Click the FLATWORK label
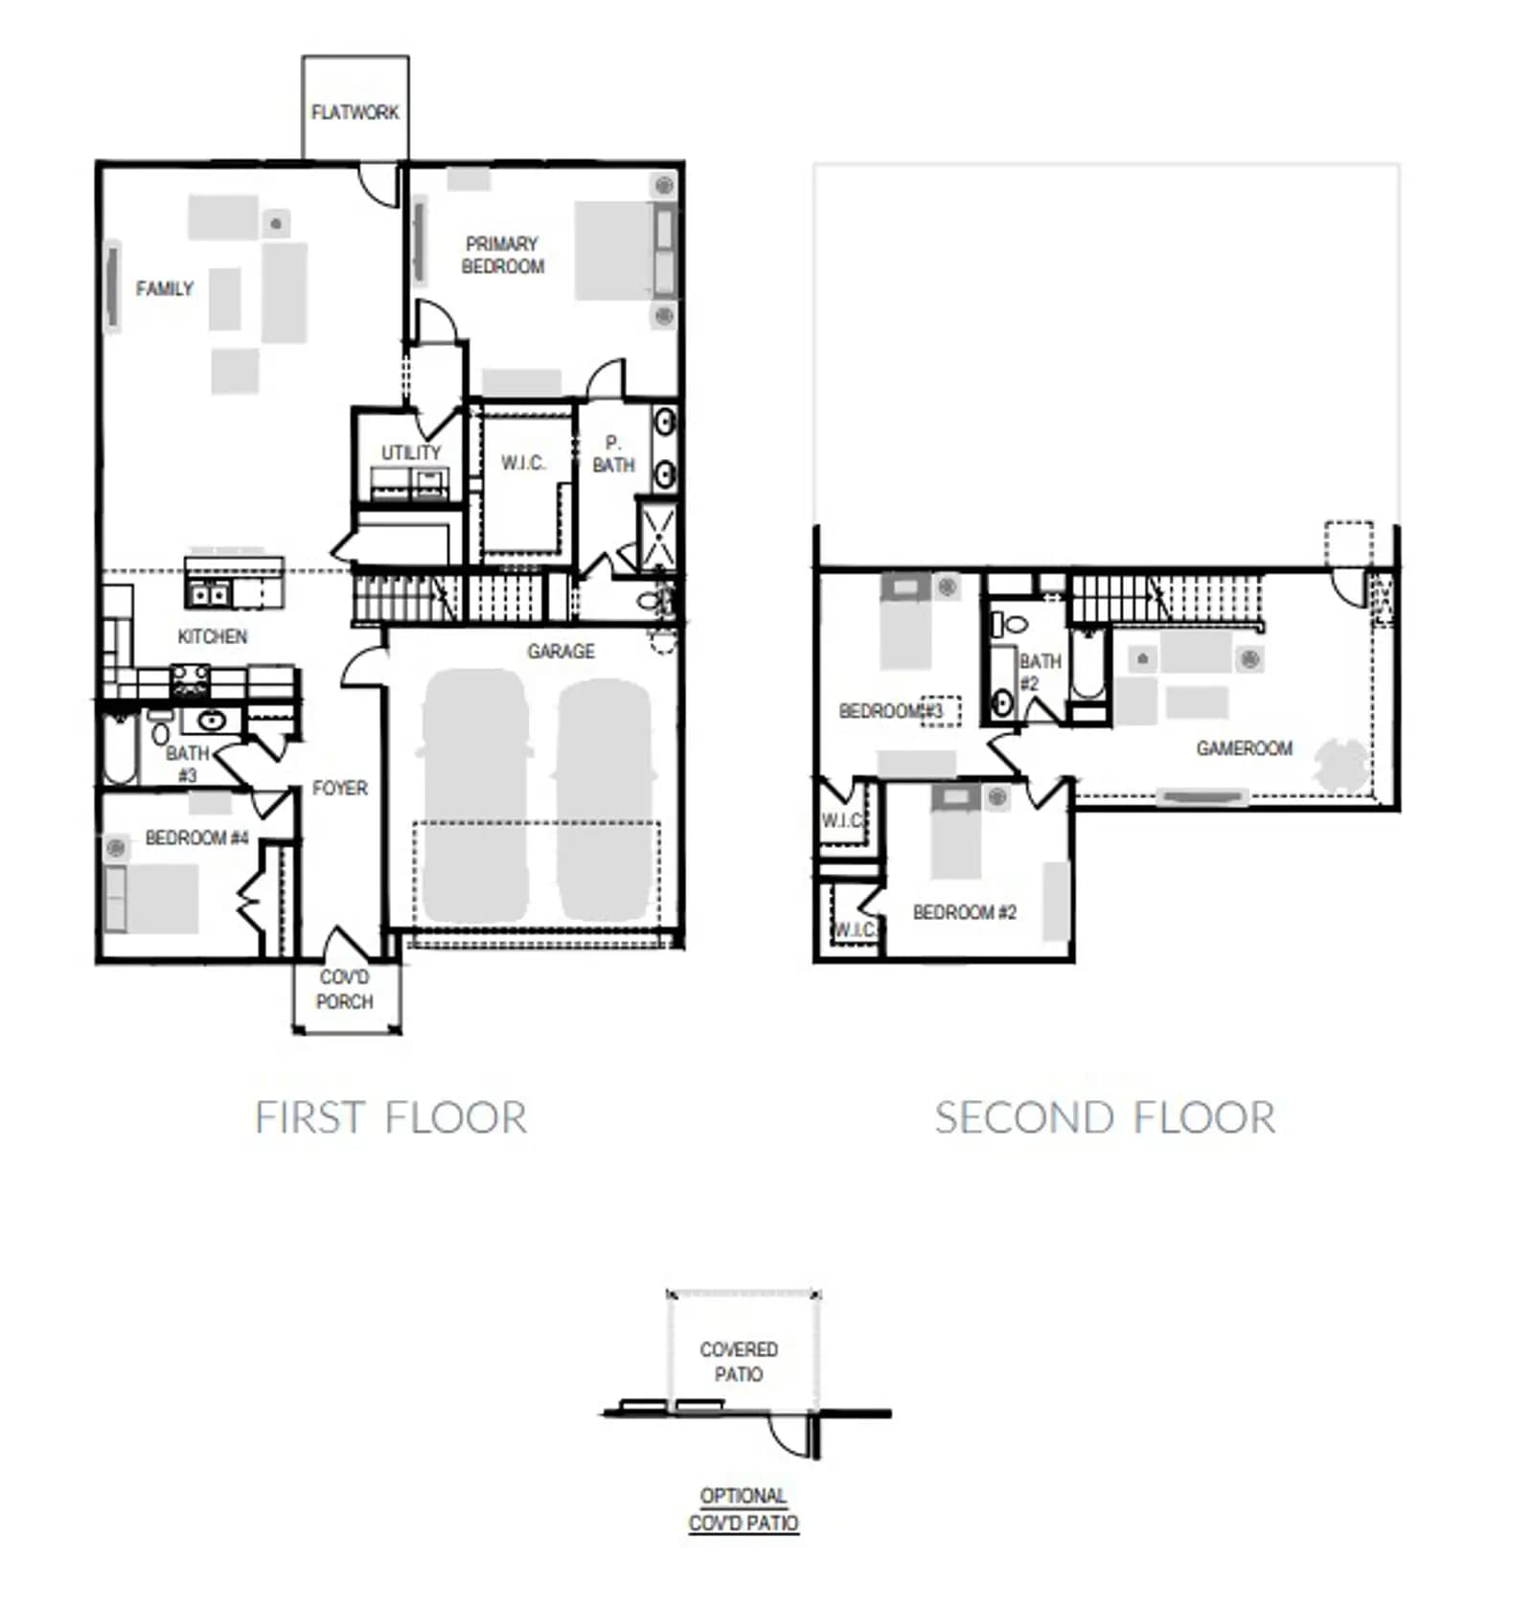355,112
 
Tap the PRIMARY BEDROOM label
502,255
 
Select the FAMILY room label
165,288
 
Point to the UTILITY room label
411,452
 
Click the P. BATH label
613,454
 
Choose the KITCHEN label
213,636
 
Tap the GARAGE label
561,652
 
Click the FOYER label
340,788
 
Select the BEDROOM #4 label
196,837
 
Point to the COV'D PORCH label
345,989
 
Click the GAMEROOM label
1244,748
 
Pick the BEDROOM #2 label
964,912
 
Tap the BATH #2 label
1039,672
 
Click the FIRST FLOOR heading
391,1118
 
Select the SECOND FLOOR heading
1105,1118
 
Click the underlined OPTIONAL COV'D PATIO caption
744,1509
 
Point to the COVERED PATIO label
739,1362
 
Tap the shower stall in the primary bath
657,535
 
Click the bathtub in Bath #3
121,747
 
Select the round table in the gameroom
1341,765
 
